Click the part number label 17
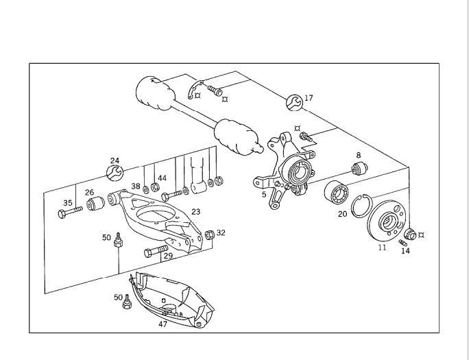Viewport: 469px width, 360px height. (309, 98)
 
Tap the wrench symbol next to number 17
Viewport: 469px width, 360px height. (293, 102)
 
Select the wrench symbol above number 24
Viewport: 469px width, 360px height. (115, 172)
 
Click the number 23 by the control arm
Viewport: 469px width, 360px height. (195, 212)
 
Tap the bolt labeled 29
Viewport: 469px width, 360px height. (155, 252)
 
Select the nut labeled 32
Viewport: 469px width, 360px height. (210, 235)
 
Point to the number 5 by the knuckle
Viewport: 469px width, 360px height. (264, 194)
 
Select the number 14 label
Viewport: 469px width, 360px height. (405, 251)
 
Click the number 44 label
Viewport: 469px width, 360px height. (162, 178)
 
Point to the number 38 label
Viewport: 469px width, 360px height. (136, 187)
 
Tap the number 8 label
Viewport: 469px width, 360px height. (358, 156)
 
